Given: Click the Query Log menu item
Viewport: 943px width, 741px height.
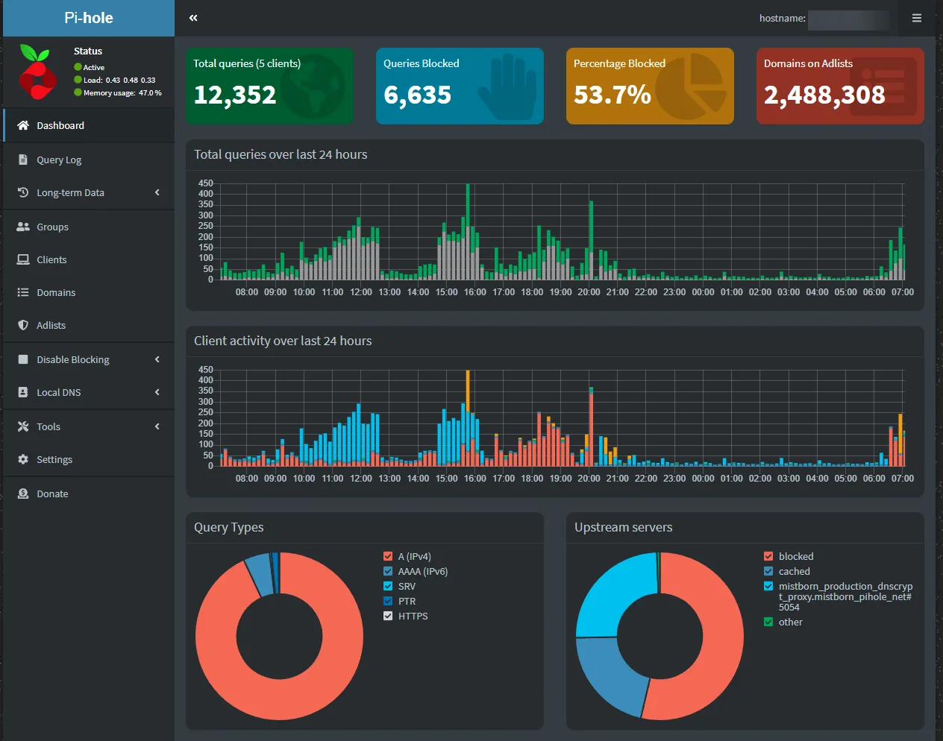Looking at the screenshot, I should coord(59,160).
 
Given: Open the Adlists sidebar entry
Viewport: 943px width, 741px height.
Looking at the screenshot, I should coord(51,325).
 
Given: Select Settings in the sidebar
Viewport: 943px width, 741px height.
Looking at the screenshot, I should coord(54,459).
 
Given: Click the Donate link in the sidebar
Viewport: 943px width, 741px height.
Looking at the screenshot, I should coord(52,494).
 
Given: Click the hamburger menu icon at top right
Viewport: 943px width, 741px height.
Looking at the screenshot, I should coord(917,18).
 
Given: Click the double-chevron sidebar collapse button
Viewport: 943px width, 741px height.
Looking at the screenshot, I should coord(193,18).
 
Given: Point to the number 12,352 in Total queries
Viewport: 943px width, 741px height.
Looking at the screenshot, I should coord(235,95).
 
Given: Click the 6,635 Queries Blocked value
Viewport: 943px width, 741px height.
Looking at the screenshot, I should coord(417,95).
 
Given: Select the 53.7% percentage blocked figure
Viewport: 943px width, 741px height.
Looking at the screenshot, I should coord(612,95).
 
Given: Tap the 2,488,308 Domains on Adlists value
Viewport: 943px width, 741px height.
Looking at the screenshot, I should coord(824,95).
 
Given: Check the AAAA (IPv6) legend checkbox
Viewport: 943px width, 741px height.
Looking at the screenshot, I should coord(388,571).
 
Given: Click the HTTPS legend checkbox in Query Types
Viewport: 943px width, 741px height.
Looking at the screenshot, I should coord(388,616).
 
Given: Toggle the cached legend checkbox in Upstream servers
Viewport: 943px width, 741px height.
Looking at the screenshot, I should coord(768,571).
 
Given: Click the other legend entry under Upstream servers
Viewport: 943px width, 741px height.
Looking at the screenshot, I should coord(790,622).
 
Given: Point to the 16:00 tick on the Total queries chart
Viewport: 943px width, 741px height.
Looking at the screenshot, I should coord(475,292).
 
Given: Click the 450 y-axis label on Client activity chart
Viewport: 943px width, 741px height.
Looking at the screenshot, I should coord(206,370).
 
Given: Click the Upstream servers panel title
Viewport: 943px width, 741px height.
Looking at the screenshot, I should coord(623,527).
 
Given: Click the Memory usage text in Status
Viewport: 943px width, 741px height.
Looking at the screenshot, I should coord(109,93).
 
